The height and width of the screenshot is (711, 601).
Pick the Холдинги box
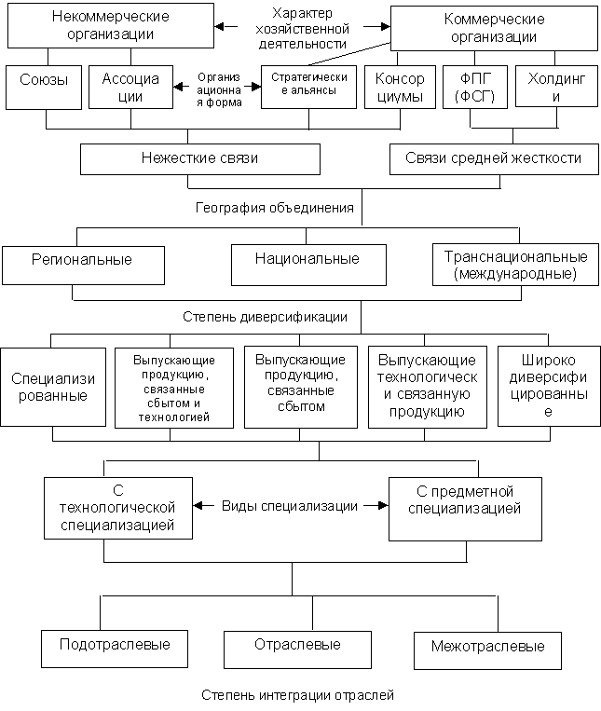click(x=556, y=88)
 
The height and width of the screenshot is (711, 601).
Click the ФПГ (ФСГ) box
click(x=475, y=88)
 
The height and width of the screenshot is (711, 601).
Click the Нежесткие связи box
click(x=199, y=158)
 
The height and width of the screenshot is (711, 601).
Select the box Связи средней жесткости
click(x=493, y=158)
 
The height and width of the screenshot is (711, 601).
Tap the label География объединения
click(x=224, y=208)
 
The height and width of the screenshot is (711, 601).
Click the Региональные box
click(x=83, y=265)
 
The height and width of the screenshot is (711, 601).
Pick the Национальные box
click(x=307, y=264)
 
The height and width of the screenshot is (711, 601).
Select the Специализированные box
click(x=50, y=387)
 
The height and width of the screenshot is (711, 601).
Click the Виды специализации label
click(x=289, y=507)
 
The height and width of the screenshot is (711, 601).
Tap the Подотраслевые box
click(x=114, y=646)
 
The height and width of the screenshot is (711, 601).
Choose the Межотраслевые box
click(x=487, y=647)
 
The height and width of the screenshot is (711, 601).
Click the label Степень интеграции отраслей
click(x=297, y=696)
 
